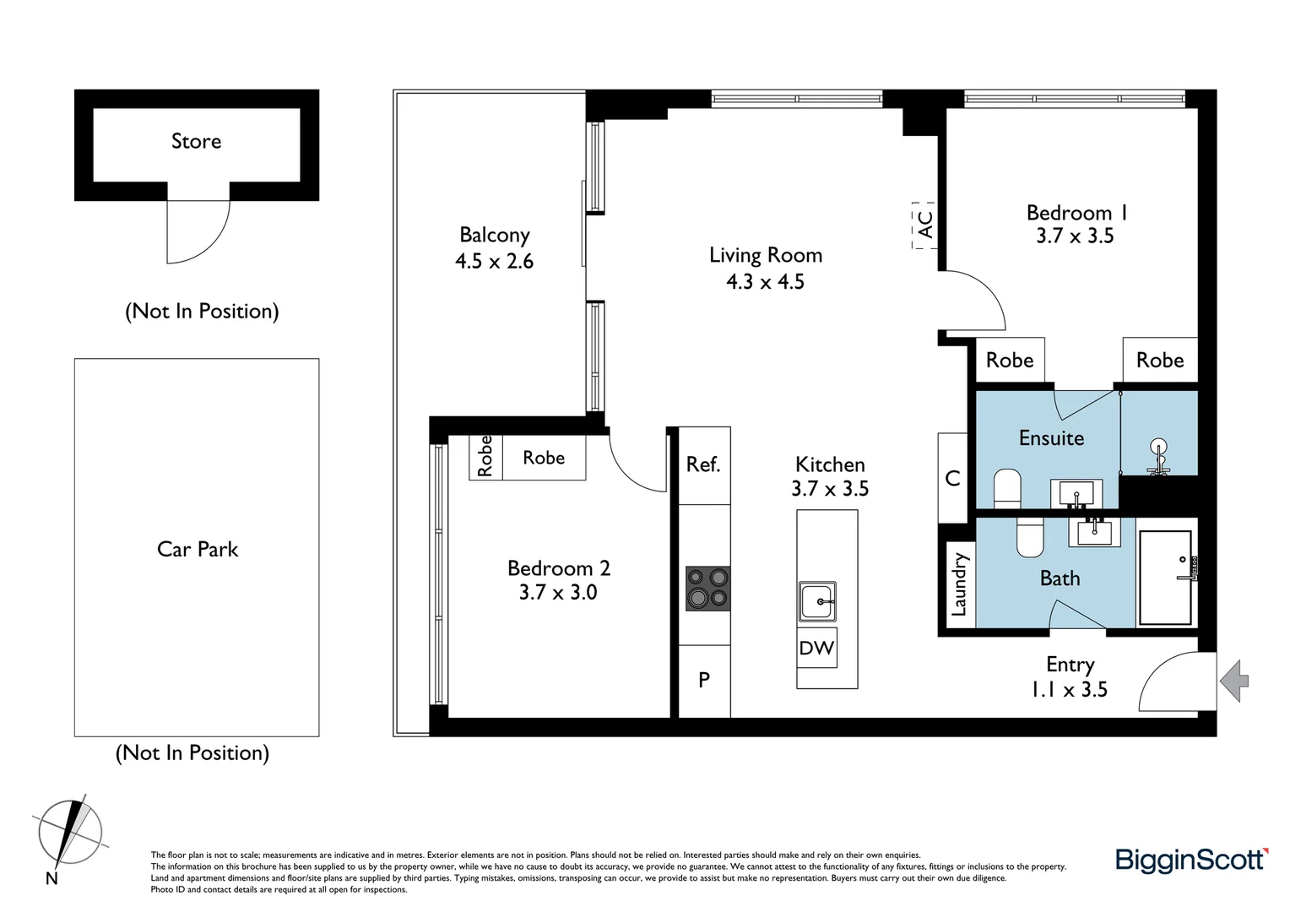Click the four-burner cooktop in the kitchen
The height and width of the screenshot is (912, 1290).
point(707,588)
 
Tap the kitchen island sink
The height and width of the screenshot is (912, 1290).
point(817,601)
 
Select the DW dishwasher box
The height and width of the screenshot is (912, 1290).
point(816,648)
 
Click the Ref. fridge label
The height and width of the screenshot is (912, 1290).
point(703,464)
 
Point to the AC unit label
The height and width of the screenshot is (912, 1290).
point(924,225)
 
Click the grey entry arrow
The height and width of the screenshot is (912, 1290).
point(1234,681)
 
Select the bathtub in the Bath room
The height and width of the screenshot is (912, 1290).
point(1165,578)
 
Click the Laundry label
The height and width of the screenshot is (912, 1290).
point(958,584)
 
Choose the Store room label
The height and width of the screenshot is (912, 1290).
point(196,141)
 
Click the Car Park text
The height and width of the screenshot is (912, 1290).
point(198,549)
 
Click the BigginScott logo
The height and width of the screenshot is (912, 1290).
point(1191,860)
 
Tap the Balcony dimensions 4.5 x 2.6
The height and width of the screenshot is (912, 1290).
point(494,262)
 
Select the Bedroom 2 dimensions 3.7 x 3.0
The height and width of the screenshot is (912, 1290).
point(557,593)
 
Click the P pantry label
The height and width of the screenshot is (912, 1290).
point(704,680)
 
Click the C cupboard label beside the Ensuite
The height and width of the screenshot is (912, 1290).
point(952,478)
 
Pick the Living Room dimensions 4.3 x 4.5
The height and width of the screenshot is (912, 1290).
point(765,282)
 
